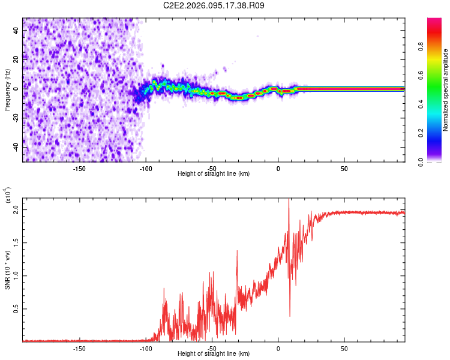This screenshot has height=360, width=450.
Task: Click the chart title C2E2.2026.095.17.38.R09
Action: tap(214, 5)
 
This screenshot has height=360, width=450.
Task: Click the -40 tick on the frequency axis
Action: tap(16, 147)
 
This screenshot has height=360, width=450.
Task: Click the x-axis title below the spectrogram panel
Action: tap(214, 174)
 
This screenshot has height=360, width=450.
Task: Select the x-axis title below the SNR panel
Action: tap(214, 354)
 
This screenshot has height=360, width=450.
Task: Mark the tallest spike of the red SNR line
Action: tap(289, 200)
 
